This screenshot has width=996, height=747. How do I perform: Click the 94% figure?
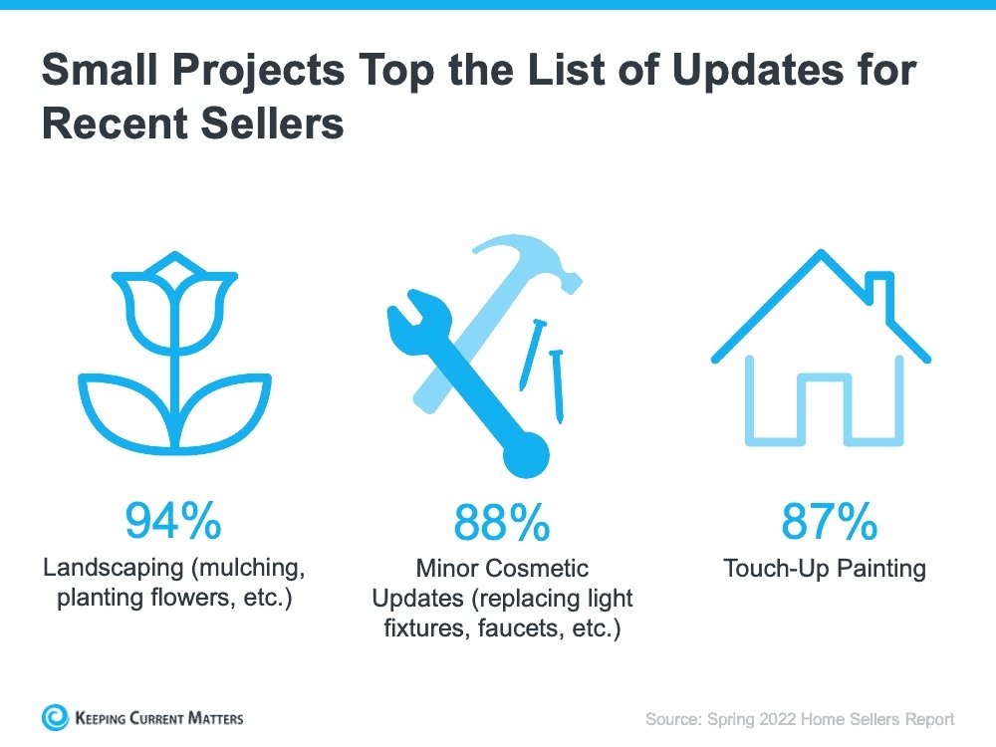(x=173, y=520)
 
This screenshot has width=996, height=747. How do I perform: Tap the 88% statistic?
(x=502, y=522)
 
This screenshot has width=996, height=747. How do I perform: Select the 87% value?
(x=830, y=520)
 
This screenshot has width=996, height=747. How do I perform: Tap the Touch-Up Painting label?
(x=825, y=569)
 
